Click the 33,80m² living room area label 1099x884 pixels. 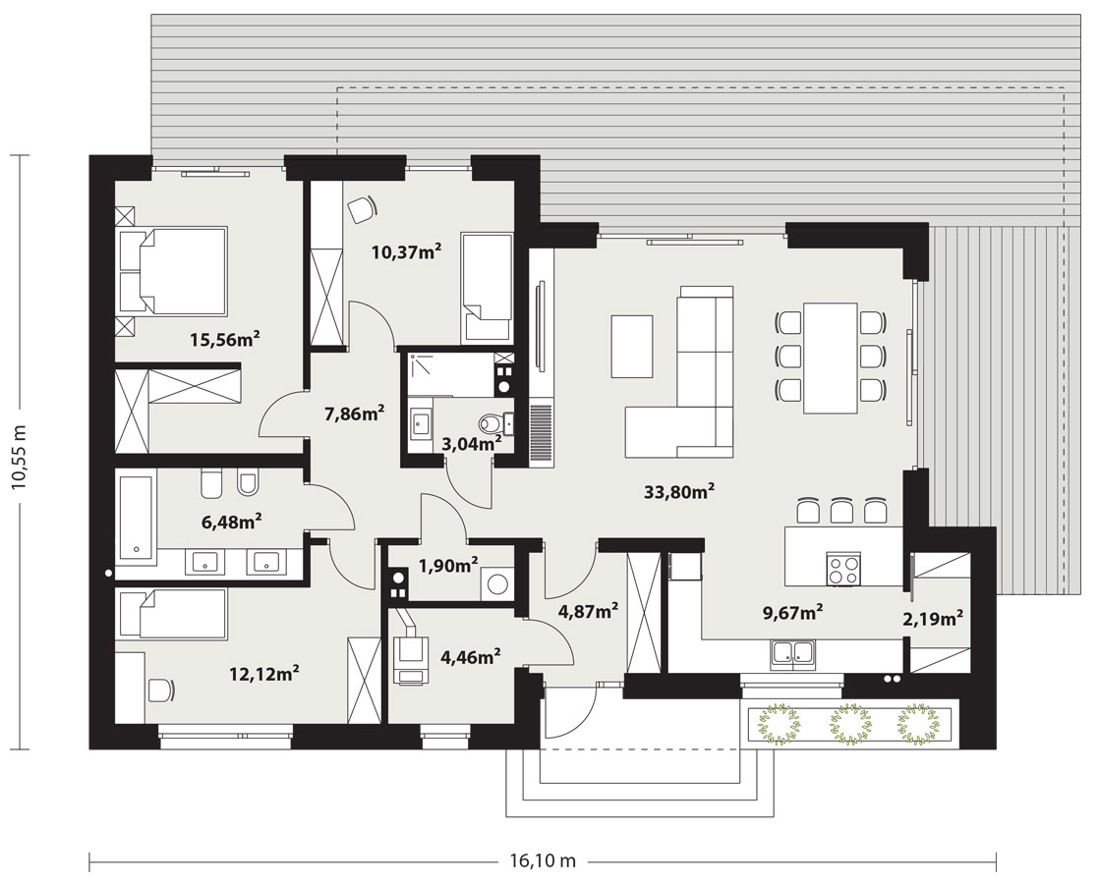tap(678, 492)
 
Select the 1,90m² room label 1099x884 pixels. tap(448, 565)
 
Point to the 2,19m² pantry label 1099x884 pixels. tap(932, 619)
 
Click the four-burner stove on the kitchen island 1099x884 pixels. tap(843, 568)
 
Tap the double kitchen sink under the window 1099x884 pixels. tap(792, 653)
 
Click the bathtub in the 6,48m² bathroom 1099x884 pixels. tap(136, 518)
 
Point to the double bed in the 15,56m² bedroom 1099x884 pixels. tap(173, 270)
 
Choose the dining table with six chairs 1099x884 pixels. tap(831, 358)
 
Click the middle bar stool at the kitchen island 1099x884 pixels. tap(841, 512)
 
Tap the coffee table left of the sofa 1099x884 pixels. tap(631, 346)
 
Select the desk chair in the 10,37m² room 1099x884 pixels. tap(362, 209)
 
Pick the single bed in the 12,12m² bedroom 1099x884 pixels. tap(172, 614)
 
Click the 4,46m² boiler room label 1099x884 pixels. tap(470, 656)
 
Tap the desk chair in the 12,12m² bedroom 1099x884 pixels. tap(160, 690)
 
